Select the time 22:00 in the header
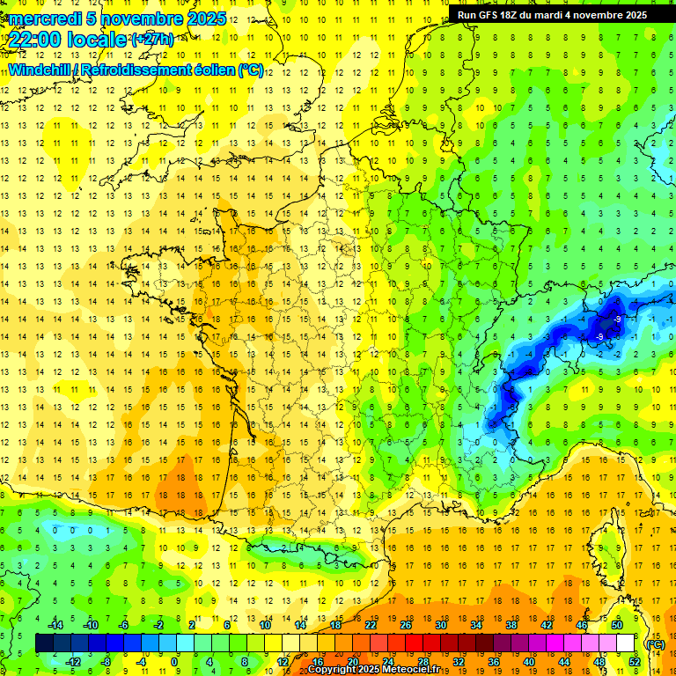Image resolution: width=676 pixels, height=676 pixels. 40,39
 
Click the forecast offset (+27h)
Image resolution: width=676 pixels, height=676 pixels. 151,39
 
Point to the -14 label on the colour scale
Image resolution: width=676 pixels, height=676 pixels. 55,625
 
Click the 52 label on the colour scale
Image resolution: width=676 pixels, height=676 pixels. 634,662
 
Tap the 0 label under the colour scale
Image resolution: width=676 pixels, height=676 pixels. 174,662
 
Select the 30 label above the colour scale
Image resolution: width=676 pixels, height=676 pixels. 440,625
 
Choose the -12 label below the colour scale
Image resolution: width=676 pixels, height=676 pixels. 73,662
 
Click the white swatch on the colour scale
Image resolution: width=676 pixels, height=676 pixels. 625,643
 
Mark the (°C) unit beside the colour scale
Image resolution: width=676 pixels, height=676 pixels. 655,644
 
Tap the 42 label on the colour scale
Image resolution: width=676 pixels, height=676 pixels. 546,625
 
